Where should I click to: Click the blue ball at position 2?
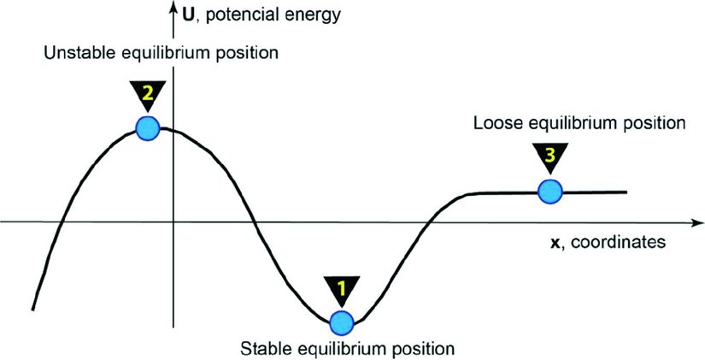click(x=148, y=129)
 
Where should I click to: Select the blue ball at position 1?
click(x=341, y=322)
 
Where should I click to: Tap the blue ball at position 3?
click(x=549, y=192)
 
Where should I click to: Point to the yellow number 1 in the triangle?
click(x=341, y=288)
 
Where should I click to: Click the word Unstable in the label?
click(x=73, y=54)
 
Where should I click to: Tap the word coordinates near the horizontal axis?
click(x=618, y=243)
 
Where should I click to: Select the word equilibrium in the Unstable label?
click(x=162, y=54)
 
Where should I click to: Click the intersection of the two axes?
click(x=173, y=222)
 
